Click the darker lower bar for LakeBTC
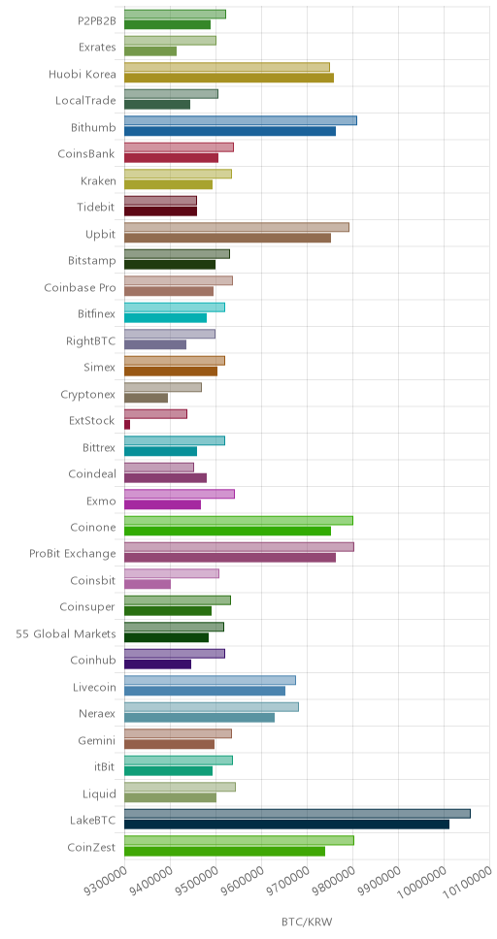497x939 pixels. click(x=286, y=824)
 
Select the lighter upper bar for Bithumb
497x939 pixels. click(x=241, y=120)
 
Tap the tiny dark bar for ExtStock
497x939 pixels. click(x=127, y=425)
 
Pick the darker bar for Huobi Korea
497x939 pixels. click(x=229, y=78)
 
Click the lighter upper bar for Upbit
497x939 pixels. click(x=237, y=227)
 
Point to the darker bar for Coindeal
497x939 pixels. click(x=165, y=478)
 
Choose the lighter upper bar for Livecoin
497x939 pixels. click(x=210, y=680)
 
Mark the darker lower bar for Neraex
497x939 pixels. click(x=200, y=718)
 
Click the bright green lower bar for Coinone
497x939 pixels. click(x=228, y=532)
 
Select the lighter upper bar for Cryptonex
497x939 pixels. click(x=163, y=387)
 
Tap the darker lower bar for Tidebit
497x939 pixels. click(x=161, y=211)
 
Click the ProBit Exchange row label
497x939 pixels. click(x=73, y=553)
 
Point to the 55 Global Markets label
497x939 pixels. click(x=66, y=633)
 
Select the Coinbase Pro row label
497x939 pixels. click(x=80, y=287)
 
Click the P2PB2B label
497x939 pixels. click(x=97, y=21)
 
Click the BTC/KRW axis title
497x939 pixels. click(x=307, y=921)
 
